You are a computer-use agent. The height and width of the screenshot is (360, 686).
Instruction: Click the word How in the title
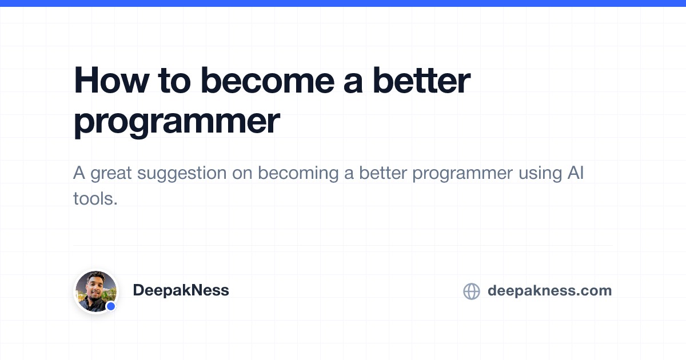point(111,80)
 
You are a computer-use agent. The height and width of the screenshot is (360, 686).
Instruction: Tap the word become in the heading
point(268,80)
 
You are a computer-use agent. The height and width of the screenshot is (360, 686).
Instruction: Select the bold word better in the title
point(421,80)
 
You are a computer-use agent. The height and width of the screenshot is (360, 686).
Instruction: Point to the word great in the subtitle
point(111,174)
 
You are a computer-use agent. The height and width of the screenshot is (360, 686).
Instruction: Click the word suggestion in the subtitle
point(182,174)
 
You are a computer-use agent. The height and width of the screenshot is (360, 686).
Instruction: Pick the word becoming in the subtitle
point(298,174)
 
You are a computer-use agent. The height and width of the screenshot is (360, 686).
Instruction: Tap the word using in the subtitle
point(540,174)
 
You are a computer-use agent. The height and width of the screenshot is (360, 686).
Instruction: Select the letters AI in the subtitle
point(576,173)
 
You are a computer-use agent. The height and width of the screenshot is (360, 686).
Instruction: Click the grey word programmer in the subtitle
point(462,174)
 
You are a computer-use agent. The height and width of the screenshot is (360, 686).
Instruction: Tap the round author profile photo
point(95,291)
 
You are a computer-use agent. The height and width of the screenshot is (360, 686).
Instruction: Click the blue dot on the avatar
point(111,306)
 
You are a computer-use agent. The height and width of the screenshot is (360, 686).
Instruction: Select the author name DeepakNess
point(181,290)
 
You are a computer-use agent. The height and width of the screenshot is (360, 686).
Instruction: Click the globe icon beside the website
point(472,291)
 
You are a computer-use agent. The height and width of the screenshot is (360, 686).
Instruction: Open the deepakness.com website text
point(550,290)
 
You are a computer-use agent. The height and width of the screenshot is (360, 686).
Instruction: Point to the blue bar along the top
point(343,3)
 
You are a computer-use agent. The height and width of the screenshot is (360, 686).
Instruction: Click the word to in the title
point(174,80)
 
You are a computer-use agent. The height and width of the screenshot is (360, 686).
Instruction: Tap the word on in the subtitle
point(242,174)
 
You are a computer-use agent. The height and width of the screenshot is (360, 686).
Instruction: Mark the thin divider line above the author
point(343,245)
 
